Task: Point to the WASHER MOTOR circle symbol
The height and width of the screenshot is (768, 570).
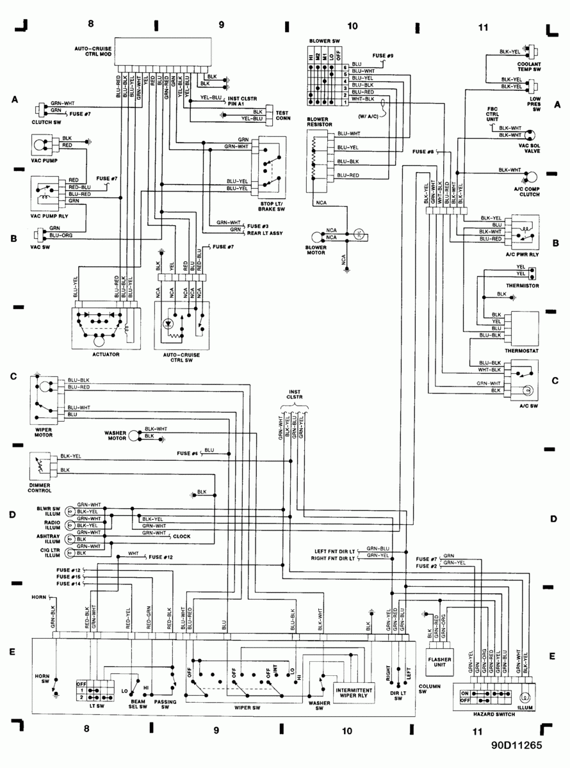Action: click(x=133, y=435)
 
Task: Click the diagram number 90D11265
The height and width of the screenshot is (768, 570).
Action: click(x=517, y=745)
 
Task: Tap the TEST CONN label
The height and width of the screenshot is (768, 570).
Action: click(x=282, y=113)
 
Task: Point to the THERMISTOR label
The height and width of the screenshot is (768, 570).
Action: click(x=522, y=285)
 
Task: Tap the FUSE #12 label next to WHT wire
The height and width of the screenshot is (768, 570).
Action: click(x=161, y=557)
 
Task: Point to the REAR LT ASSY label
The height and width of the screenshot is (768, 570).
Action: click(x=265, y=233)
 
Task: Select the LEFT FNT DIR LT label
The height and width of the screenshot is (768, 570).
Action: click(x=334, y=550)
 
